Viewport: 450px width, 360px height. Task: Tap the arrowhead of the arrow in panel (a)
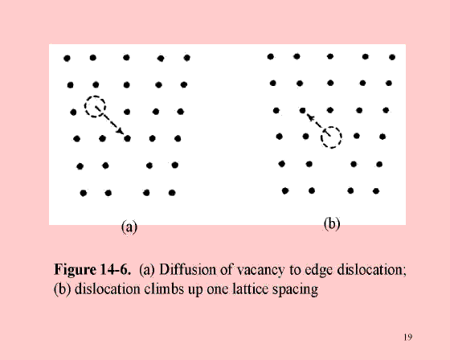pos(121,131)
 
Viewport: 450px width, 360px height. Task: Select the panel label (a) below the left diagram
pos(129,227)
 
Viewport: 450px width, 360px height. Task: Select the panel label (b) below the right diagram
pos(332,223)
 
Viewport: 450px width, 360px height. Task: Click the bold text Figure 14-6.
pos(92,269)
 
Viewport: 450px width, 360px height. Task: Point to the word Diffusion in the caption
pos(188,269)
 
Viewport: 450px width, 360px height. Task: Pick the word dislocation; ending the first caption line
pos(371,269)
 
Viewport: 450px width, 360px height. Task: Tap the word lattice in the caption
pos(251,288)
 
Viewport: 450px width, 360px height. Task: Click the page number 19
pos(408,337)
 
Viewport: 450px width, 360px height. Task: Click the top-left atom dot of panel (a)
pos(67,59)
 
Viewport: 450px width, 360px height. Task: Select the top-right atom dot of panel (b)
pos(392,57)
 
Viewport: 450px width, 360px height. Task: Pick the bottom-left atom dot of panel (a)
pos(84,193)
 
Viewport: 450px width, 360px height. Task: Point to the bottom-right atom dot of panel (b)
pos(376,191)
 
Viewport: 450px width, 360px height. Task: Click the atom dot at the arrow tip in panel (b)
pos(302,110)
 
